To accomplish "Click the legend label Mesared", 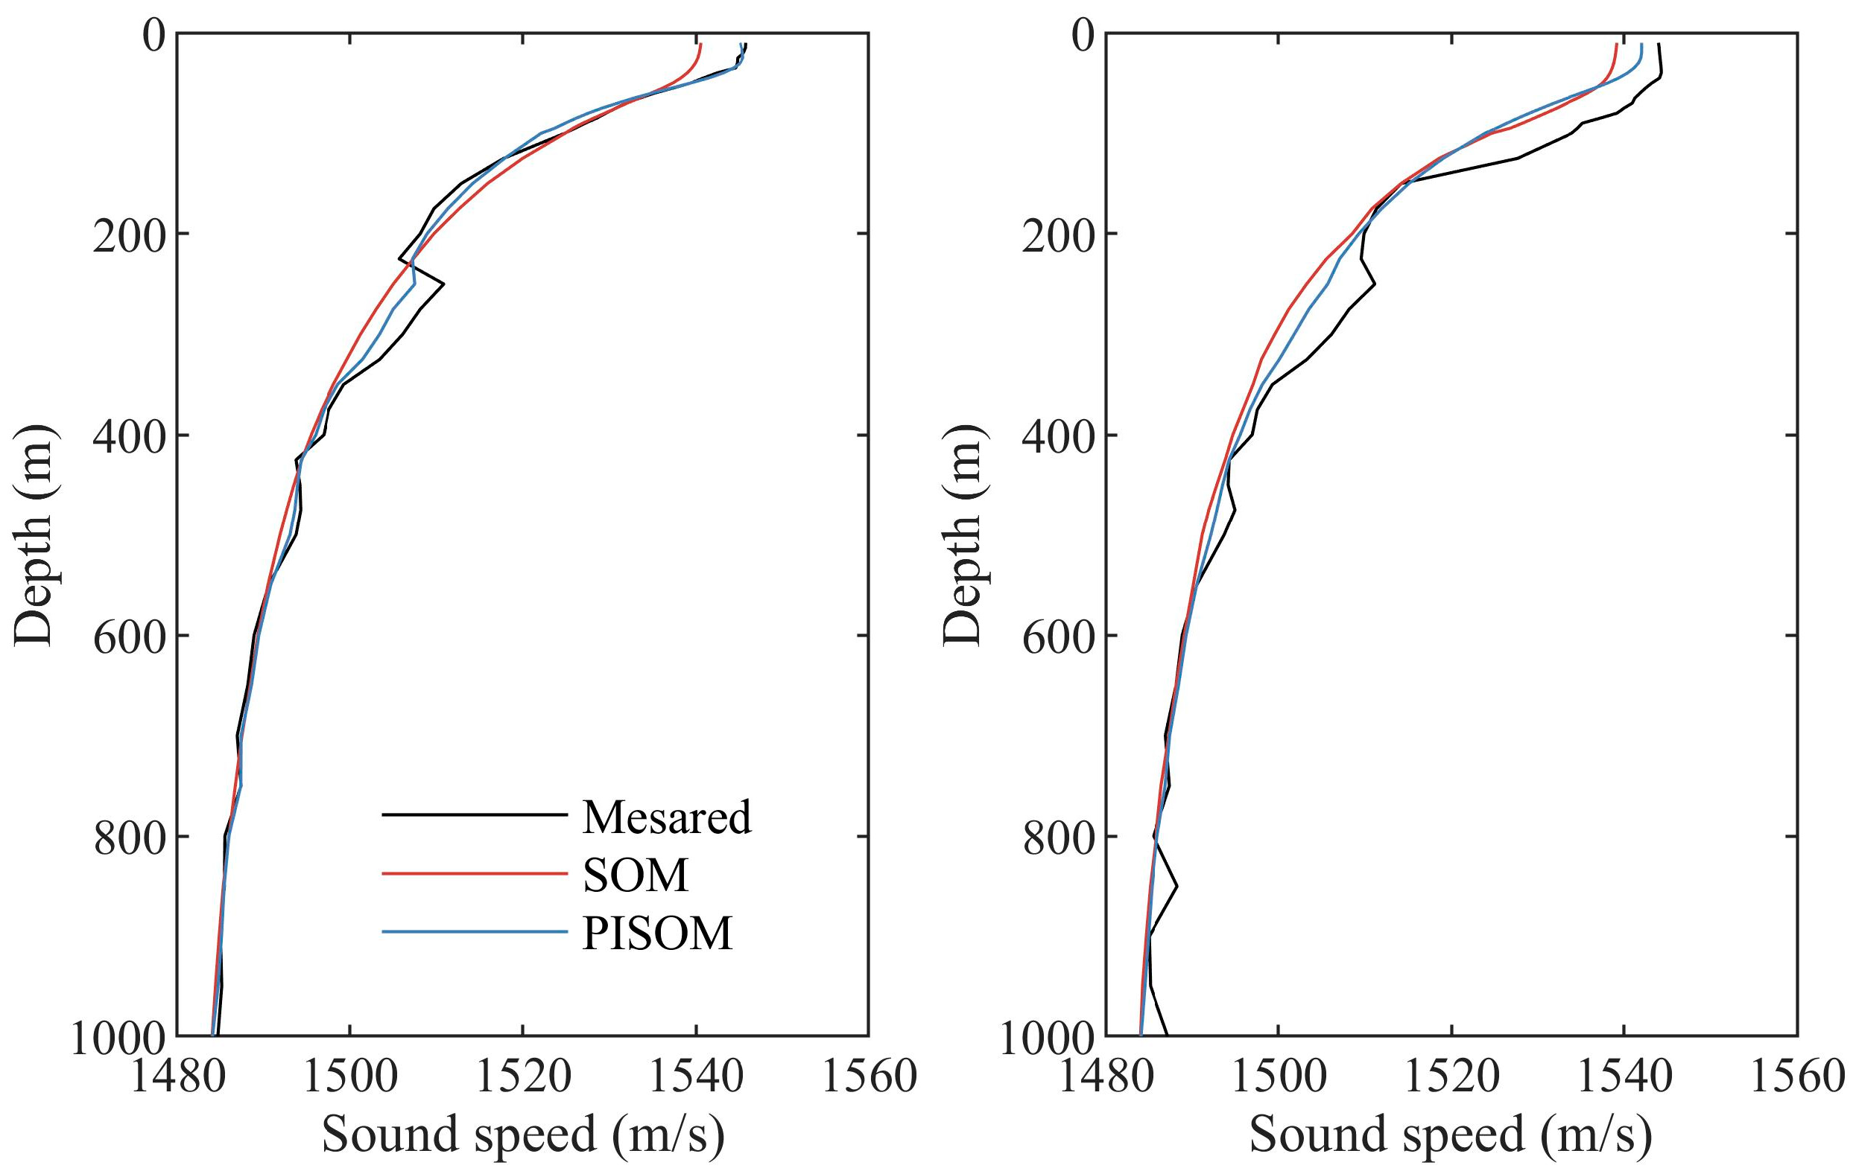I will pyautogui.click(x=666, y=817).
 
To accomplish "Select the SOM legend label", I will pyautogui.click(x=635, y=875).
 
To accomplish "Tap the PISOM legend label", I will pyautogui.click(x=656, y=934).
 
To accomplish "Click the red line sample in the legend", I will pyautogui.click(x=474, y=873).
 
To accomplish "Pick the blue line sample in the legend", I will pyautogui.click(x=474, y=932).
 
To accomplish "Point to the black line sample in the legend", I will pyautogui.click(x=474, y=814).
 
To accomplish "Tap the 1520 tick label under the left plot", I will pyautogui.click(x=523, y=1076).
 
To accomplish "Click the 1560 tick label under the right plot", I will pyautogui.click(x=1797, y=1076).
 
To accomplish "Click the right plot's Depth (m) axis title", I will pyautogui.click(x=963, y=535).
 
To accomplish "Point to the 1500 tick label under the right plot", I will pyautogui.click(x=1279, y=1076).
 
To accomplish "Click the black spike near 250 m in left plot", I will pyautogui.click(x=443, y=284).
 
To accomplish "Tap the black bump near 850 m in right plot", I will pyautogui.click(x=1176, y=887).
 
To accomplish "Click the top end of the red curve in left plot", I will pyautogui.click(x=700, y=45).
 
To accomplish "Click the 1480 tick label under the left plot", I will pyautogui.click(x=177, y=1076).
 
